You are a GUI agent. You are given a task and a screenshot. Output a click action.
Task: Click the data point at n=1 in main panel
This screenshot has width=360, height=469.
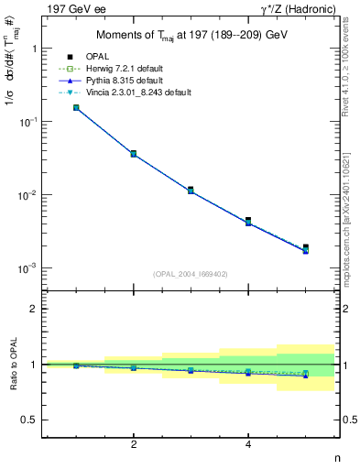tap(76, 107)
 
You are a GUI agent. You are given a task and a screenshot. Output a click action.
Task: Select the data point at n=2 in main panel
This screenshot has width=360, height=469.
tap(134, 153)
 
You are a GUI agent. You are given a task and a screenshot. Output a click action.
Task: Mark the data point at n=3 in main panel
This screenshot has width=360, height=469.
tap(191, 190)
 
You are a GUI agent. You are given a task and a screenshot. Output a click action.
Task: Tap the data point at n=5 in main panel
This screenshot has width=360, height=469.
tap(306, 247)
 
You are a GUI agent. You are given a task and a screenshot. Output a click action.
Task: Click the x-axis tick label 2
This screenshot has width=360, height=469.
tap(134, 444)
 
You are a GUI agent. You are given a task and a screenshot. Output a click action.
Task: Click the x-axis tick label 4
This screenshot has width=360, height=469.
tap(248, 444)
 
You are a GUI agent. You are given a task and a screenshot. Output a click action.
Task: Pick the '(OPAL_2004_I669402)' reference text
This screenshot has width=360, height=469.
tap(191, 273)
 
